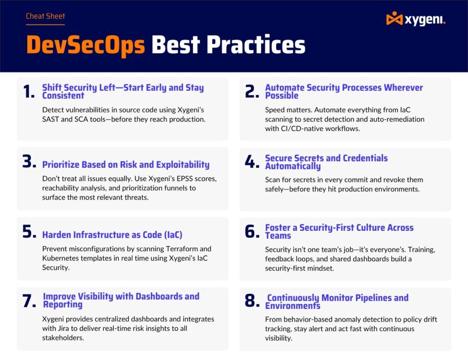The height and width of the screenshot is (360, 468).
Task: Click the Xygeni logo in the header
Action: [415, 19]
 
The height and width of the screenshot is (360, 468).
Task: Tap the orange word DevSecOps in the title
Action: [85, 45]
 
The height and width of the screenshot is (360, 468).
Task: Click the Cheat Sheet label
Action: [45, 16]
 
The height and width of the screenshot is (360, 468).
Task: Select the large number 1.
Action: [28, 92]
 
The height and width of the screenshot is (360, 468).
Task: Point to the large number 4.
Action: [252, 162]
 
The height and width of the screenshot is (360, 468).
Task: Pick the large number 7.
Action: [29, 301]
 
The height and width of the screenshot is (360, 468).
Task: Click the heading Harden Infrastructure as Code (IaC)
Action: [112, 235]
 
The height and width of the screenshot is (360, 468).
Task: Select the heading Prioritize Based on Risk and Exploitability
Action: [126, 165]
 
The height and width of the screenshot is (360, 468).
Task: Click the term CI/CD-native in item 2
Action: [303, 128]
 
